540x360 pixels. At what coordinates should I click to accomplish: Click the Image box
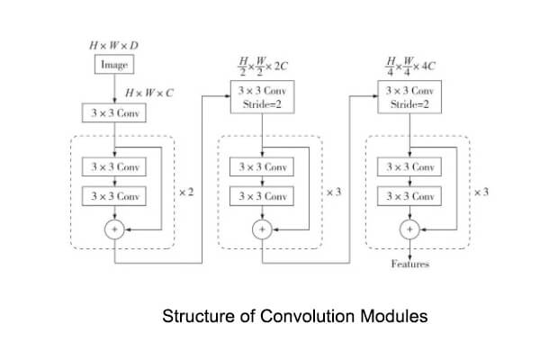pos(114,65)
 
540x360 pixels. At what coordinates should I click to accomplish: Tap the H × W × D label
pos(114,46)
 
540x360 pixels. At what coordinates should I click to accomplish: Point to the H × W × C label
pos(149,93)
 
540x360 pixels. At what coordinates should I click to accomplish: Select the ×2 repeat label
pos(186,192)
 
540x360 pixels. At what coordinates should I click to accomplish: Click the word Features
pos(409,264)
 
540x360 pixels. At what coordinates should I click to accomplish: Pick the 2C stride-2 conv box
pos(263,97)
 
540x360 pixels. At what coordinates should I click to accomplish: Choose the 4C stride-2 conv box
pos(409,97)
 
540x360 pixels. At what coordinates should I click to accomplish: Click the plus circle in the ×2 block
pos(114,229)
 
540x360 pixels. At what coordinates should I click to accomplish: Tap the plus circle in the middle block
pos(262,229)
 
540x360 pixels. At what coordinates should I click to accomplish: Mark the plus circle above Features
pos(409,229)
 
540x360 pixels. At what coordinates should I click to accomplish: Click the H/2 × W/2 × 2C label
pos(263,66)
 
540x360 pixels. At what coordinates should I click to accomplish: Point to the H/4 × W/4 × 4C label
pos(410,66)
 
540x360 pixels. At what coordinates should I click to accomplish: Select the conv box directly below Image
pos(114,112)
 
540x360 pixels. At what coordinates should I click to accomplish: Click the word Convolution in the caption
pos(307,316)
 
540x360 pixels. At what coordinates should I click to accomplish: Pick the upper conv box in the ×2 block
pos(114,166)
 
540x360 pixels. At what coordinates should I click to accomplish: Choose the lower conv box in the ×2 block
pos(114,196)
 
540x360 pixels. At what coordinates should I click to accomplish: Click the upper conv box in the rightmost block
pos(409,166)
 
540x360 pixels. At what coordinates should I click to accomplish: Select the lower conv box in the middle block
pos(262,196)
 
